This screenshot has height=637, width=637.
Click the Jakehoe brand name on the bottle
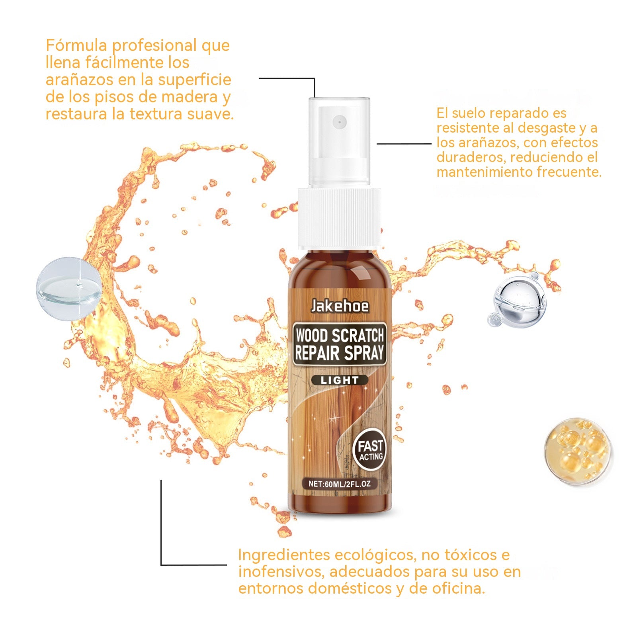[x=340, y=306]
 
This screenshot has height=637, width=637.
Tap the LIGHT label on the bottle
[x=339, y=380]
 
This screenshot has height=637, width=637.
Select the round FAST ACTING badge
[x=370, y=450]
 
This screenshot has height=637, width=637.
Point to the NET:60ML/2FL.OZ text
[x=340, y=484]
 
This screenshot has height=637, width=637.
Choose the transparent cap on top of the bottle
[x=340, y=141]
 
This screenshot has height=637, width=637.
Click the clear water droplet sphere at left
[x=68, y=288]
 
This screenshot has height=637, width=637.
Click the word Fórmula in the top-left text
[x=77, y=45]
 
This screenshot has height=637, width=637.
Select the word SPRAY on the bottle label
[x=364, y=353]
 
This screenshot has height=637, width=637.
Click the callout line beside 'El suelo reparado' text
[x=404, y=144]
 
